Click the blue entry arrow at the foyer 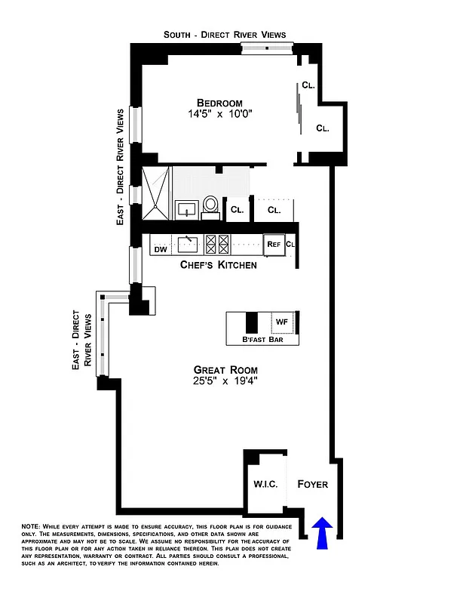pyautogui.click(x=323, y=532)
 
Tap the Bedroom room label pyautogui.click(x=219, y=103)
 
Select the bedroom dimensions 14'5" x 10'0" pyautogui.click(x=219, y=115)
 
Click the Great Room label pyautogui.click(x=225, y=370)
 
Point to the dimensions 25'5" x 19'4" pyautogui.click(x=225, y=382)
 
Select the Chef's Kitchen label pyautogui.click(x=218, y=265)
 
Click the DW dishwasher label pyautogui.click(x=160, y=248)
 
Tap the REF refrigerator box pyautogui.click(x=273, y=244)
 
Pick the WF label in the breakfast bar pyautogui.click(x=282, y=322)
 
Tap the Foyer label pyautogui.click(x=312, y=484)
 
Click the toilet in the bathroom pyautogui.click(x=211, y=205)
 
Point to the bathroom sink pyautogui.click(x=186, y=208)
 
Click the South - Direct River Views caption pyautogui.click(x=225, y=35)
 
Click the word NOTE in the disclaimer pyautogui.click(x=32, y=525)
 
